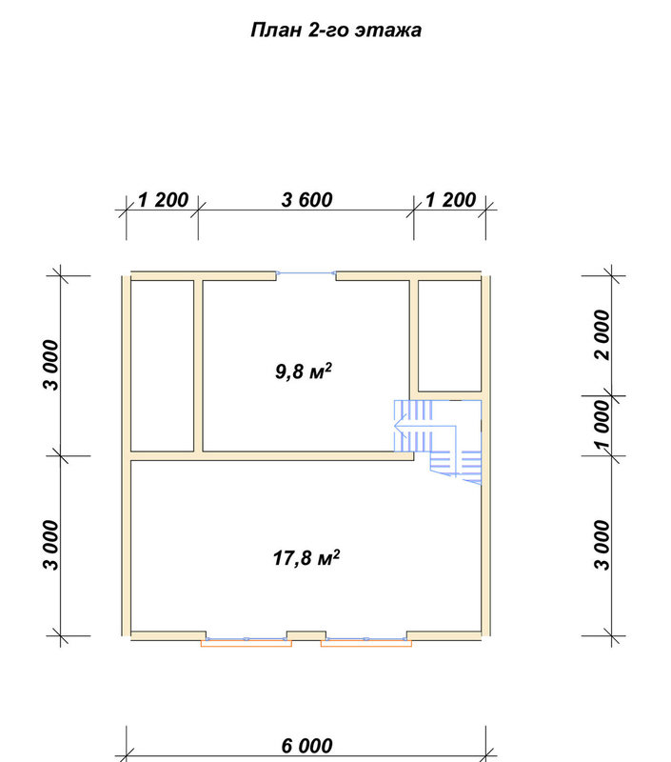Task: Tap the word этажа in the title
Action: pyautogui.click(x=388, y=30)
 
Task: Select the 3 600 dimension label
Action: pyautogui.click(x=306, y=200)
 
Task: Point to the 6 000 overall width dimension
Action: pyautogui.click(x=306, y=746)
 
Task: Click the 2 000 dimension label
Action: pyautogui.click(x=602, y=334)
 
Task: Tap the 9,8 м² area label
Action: pyautogui.click(x=304, y=371)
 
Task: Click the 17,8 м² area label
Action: pyautogui.click(x=306, y=557)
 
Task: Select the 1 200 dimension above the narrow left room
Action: pyautogui.click(x=163, y=200)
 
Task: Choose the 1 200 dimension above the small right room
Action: pyautogui.click(x=450, y=200)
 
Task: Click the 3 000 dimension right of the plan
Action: pyautogui.click(x=602, y=545)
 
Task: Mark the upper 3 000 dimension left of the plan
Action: pyautogui.click(x=51, y=366)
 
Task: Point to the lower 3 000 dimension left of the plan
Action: pyautogui.click(x=51, y=545)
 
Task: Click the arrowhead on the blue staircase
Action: pyautogui.click(x=399, y=426)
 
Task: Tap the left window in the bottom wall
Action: pyautogui.click(x=247, y=639)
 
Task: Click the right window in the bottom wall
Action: pyautogui.click(x=366, y=639)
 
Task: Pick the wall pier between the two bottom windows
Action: pyautogui.click(x=306, y=635)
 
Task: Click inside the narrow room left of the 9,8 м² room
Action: pyautogui.click(x=162, y=366)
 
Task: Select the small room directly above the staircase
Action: pyautogui.click(x=449, y=335)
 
